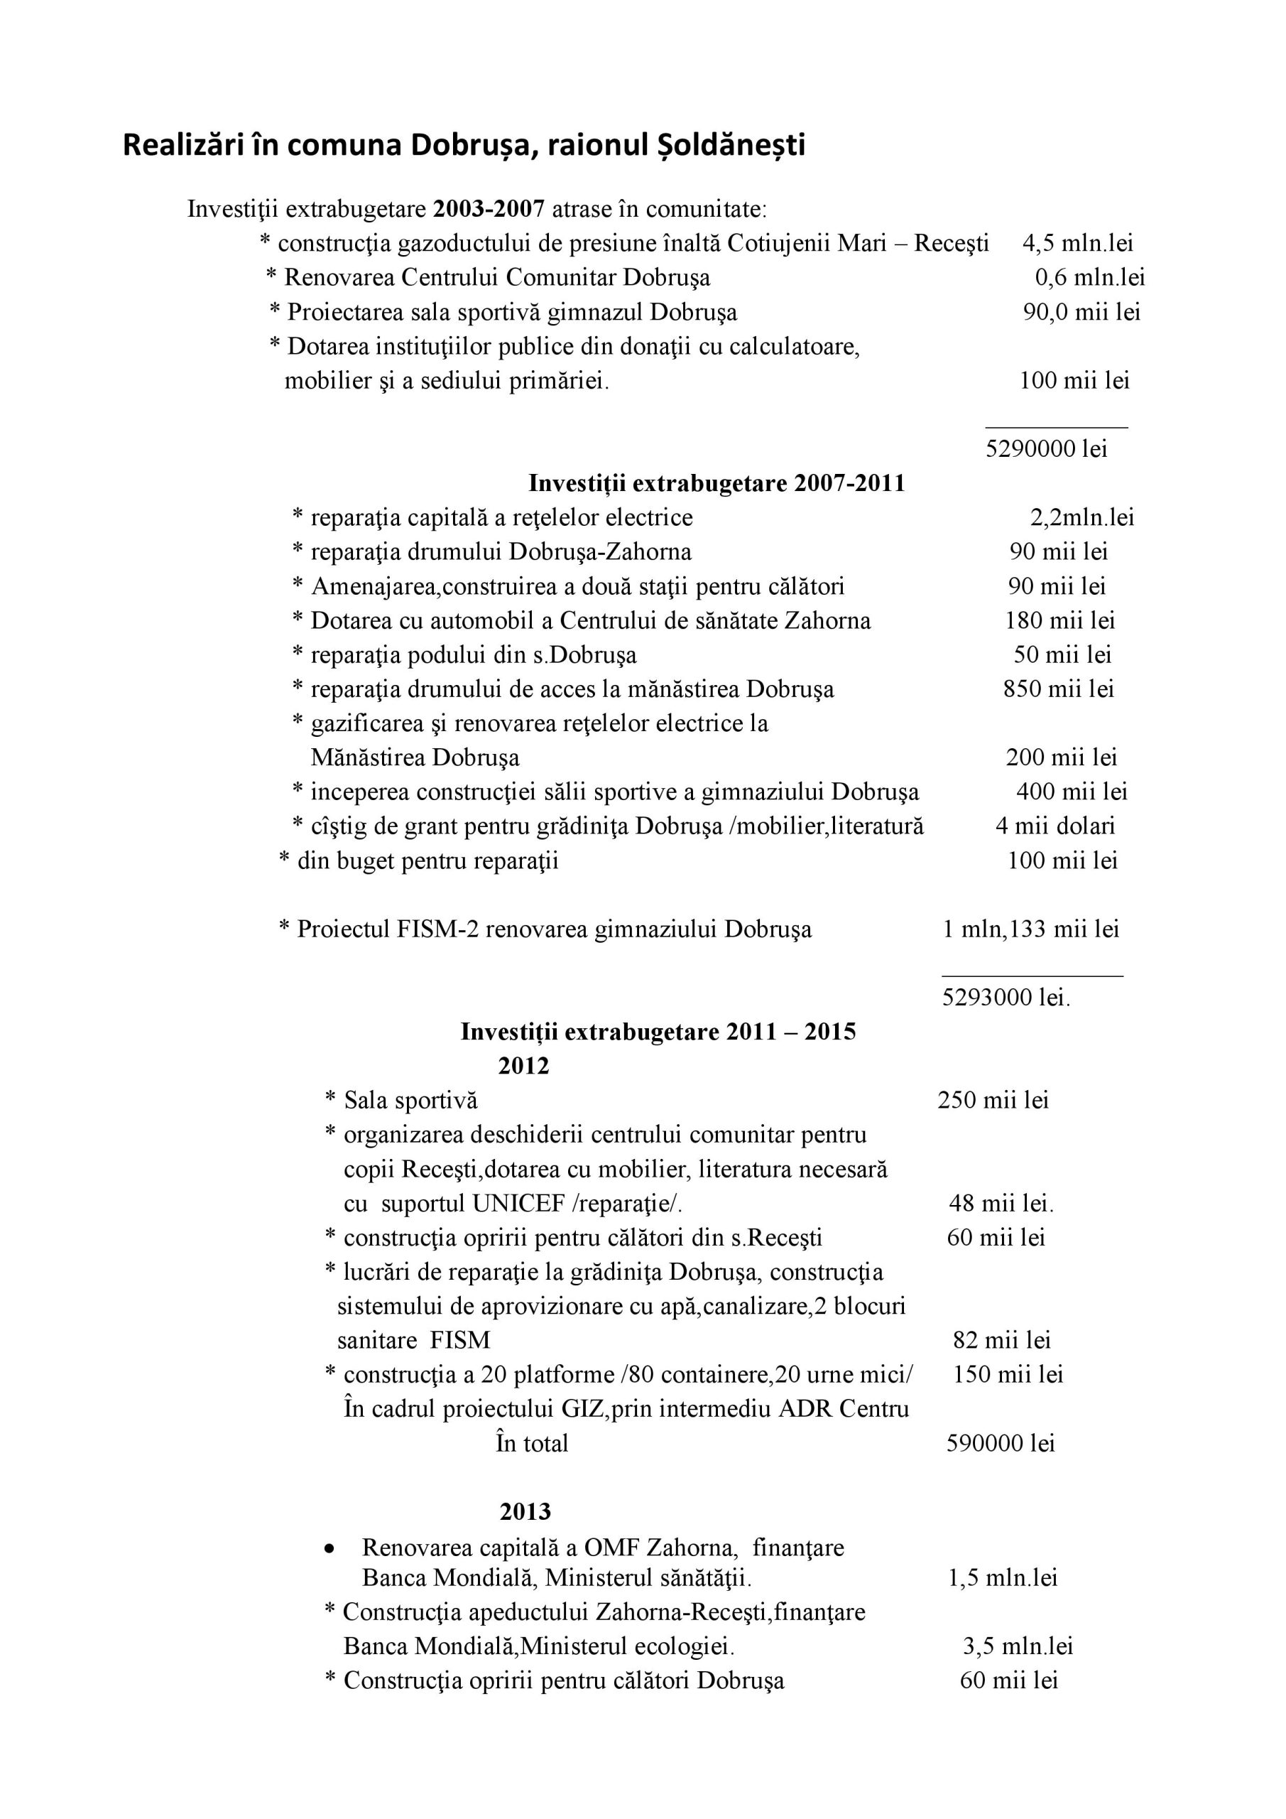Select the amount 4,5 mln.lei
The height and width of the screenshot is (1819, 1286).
1078,243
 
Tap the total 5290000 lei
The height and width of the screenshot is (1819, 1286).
1046,449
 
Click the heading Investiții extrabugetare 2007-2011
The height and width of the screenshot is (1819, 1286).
716,483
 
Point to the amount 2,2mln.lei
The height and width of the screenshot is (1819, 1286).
1081,518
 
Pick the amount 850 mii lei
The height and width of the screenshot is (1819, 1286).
1058,689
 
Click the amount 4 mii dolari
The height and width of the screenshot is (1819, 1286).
1055,826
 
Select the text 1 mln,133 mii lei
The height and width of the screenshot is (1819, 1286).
1030,929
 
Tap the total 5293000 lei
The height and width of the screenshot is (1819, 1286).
1006,998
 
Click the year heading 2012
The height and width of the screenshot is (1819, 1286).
523,1067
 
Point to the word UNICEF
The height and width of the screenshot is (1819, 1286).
518,1204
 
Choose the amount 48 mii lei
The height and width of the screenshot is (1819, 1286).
1001,1204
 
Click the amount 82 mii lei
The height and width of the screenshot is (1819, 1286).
1002,1341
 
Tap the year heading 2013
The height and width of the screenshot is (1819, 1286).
525,1513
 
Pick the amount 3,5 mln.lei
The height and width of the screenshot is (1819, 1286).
1018,1647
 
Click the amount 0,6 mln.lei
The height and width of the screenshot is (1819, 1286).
1089,278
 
